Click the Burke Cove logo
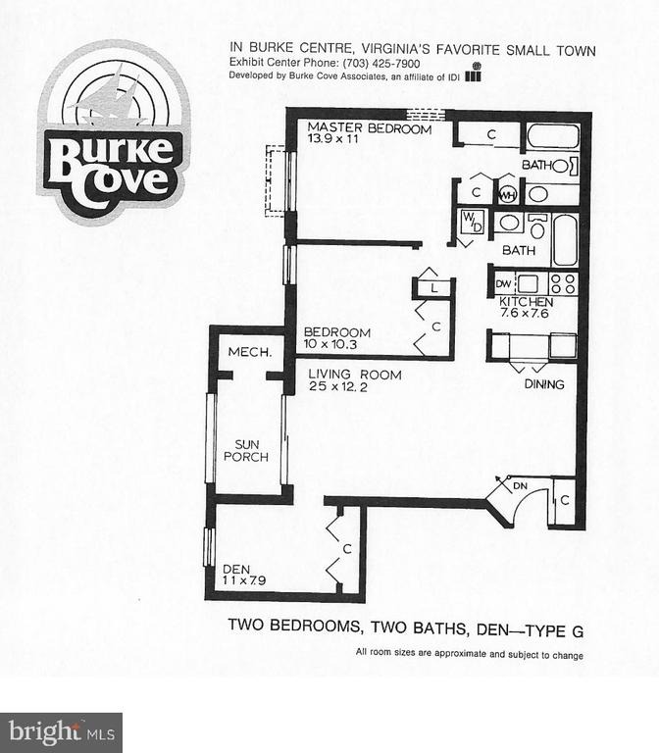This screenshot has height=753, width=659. [x=114, y=133]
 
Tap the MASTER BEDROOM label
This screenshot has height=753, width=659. [x=370, y=128]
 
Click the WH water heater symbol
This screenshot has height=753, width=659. [x=508, y=194]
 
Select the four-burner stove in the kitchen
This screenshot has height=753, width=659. [x=563, y=283]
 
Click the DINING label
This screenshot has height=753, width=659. [x=543, y=384]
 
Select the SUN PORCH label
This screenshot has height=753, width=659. [x=242, y=449]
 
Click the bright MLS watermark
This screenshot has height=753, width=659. [x=61, y=731]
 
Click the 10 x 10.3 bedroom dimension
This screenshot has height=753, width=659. [x=332, y=346]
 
